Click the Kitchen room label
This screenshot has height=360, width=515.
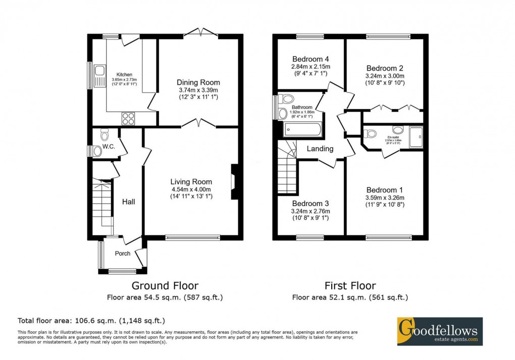124,75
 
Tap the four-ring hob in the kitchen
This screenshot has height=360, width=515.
128,118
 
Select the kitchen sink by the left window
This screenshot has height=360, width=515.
99,75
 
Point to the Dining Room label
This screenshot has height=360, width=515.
198,82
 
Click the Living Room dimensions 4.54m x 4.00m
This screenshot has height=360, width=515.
191,189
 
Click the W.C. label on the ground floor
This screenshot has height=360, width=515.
109,146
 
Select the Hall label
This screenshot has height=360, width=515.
128,201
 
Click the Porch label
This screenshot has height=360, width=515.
123,253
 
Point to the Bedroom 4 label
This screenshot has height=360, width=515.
310,59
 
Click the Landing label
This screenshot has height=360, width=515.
320,148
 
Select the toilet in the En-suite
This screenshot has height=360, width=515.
370,134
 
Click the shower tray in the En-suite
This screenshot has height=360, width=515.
416,137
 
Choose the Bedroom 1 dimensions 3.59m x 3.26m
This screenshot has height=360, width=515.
385,197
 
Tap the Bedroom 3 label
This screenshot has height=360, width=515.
311,203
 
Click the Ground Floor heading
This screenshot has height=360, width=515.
165,286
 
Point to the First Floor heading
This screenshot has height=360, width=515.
350,286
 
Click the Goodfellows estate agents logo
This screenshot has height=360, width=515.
439,331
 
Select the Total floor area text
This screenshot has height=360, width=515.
91,321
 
